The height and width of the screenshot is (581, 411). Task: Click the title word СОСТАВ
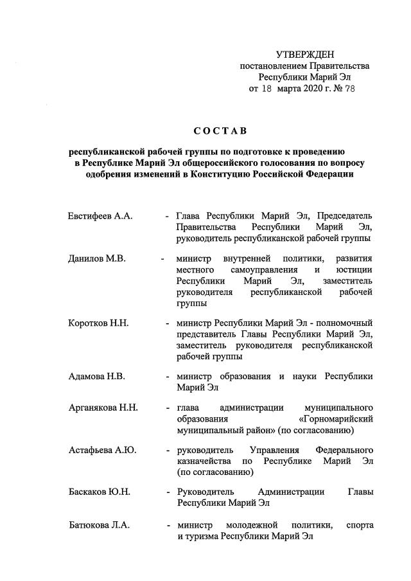(221, 132)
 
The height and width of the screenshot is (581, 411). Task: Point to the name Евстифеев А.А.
(100, 216)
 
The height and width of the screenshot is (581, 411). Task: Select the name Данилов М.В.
(96, 258)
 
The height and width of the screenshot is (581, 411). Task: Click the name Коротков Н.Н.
(98, 323)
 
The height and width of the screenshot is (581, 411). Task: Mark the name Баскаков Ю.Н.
(100, 492)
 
